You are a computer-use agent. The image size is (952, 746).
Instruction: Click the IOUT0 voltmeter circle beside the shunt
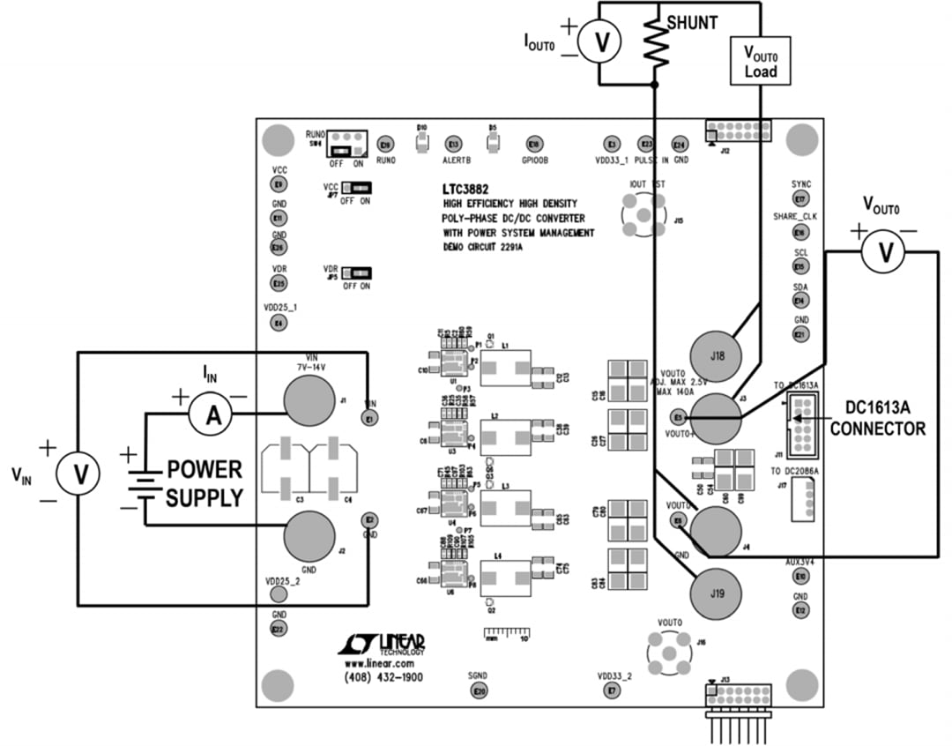(x=601, y=41)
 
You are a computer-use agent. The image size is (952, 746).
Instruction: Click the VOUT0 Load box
(x=759, y=61)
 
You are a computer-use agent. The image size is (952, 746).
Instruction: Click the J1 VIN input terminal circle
(x=309, y=399)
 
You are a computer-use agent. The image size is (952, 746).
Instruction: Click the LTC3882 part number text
(x=466, y=190)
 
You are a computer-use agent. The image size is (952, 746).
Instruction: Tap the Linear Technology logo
(x=382, y=645)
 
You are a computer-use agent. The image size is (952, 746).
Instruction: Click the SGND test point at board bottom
(x=479, y=692)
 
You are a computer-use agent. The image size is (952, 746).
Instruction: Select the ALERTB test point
(x=454, y=145)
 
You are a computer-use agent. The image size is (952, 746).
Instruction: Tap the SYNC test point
(x=800, y=200)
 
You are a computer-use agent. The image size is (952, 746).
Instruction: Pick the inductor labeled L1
(x=506, y=368)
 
